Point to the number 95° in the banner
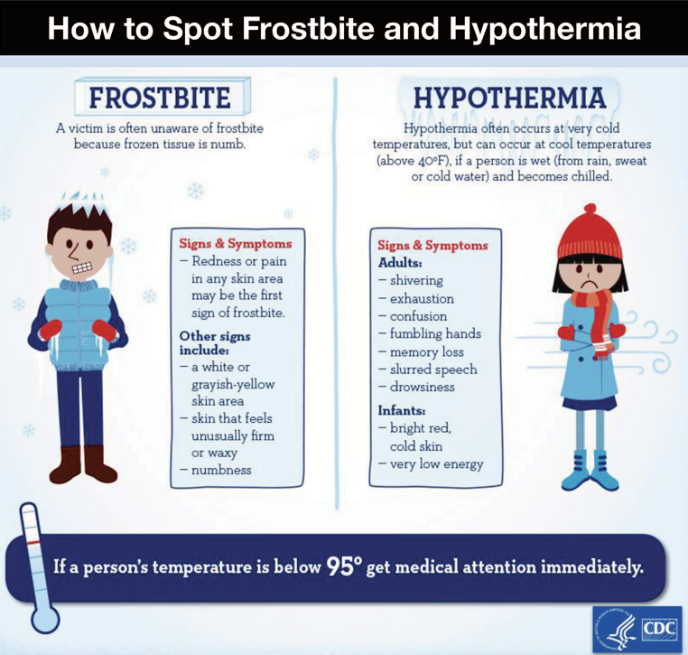(344, 566)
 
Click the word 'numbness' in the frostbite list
(221, 469)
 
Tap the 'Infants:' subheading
(403, 410)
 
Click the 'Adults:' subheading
(400, 262)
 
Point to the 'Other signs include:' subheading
(218, 342)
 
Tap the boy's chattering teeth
(83, 267)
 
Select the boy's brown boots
(83, 463)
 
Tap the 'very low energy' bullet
(436, 463)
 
